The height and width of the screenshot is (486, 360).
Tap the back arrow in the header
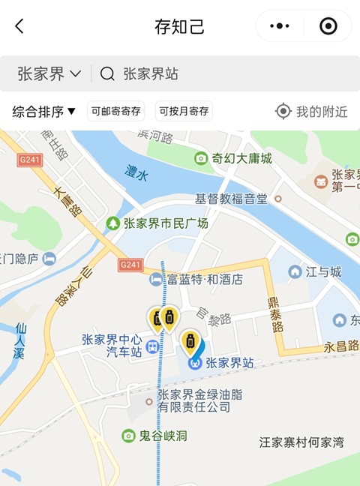pos(19,26)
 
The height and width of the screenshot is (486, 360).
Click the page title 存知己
pos(179,27)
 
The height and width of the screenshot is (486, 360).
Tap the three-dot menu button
pos(279,26)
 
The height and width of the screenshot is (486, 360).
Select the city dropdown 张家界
pos(49,73)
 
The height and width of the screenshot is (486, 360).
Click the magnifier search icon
pos(107,73)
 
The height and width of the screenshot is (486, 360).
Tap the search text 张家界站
pos(151,73)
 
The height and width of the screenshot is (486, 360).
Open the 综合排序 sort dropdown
pos(44,112)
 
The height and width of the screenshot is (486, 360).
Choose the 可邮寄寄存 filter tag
pos(115,112)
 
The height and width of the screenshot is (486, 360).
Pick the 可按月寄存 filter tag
pos(184,112)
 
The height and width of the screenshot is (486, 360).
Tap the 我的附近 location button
pos(312,112)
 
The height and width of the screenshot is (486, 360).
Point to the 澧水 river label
pos(136,171)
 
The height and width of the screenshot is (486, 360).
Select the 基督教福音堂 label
pos(232,199)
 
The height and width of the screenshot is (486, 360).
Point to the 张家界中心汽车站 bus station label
pos(112,345)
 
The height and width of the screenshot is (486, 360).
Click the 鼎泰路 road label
pos(277,315)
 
